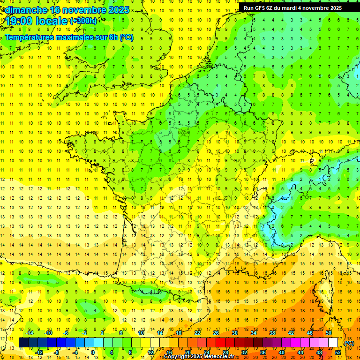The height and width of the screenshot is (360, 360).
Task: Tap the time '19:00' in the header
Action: pos(19,21)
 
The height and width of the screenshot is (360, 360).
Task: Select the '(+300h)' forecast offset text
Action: pos(84,21)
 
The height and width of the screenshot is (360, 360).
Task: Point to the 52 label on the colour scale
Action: pos(337,352)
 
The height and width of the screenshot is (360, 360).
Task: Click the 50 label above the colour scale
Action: pos(328,332)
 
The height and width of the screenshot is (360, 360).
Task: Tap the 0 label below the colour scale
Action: pos(93,352)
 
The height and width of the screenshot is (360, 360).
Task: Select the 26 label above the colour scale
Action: pos(216,332)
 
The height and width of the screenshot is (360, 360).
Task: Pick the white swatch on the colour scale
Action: pos(333,342)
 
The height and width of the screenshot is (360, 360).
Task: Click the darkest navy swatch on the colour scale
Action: pos(23,342)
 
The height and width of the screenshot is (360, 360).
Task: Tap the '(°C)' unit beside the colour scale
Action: pos(349,343)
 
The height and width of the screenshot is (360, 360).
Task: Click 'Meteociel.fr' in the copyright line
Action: pos(222,357)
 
